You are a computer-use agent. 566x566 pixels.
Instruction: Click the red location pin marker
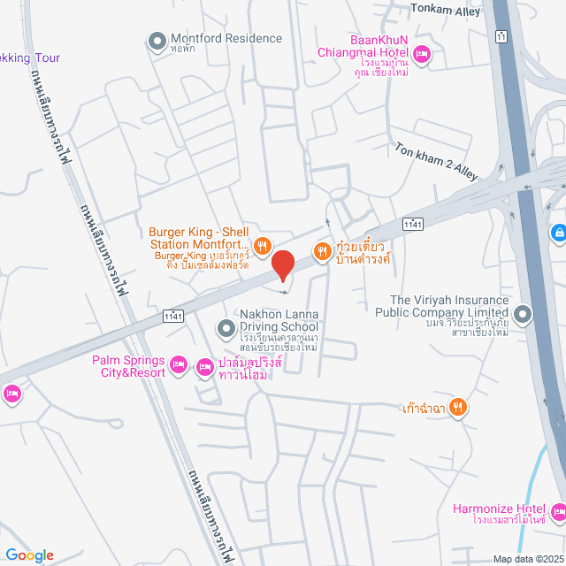282,264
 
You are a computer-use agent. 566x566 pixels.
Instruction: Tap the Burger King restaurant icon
262,245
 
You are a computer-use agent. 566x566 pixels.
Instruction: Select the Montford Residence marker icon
157,40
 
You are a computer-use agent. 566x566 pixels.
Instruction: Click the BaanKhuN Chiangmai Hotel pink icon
422,55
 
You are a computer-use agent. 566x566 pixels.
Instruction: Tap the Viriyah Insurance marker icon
523,313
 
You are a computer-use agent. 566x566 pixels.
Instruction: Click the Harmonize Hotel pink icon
558,512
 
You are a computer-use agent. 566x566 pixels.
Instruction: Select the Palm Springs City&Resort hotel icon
178,364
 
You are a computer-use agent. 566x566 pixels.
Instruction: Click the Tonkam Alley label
445,11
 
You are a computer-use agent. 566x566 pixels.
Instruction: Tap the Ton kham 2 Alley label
436,160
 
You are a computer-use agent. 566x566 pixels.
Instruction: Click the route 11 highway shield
501,36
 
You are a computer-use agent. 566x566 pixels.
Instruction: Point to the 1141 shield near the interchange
411,226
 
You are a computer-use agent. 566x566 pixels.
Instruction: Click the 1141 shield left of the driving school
173,316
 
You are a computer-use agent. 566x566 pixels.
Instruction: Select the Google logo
28,555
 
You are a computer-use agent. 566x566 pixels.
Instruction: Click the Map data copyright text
528,559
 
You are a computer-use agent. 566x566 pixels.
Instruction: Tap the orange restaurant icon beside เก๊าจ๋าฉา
457,408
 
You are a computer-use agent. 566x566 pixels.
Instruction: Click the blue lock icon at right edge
558,233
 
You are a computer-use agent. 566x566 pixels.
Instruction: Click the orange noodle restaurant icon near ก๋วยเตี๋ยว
323,250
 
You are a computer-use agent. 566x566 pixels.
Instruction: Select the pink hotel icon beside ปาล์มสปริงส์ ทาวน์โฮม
205,365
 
